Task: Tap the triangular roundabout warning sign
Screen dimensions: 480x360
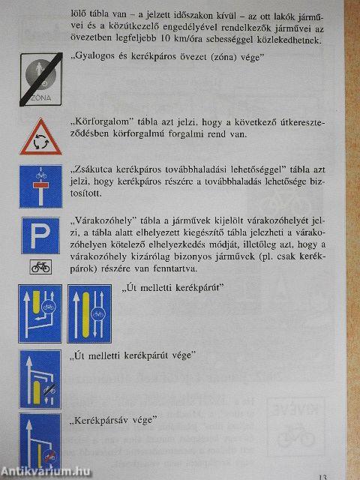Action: (x=40, y=138)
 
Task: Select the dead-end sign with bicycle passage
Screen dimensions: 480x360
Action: (x=40, y=186)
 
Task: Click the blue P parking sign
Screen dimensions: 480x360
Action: (x=40, y=236)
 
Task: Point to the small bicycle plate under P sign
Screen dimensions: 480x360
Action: (x=40, y=267)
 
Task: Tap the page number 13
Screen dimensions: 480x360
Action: (x=322, y=475)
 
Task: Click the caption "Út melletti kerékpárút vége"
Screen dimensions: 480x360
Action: (x=131, y=354)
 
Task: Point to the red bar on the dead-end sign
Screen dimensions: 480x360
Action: (x=40, y=183)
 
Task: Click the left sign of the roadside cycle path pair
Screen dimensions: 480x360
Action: (x=40, y=313)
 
